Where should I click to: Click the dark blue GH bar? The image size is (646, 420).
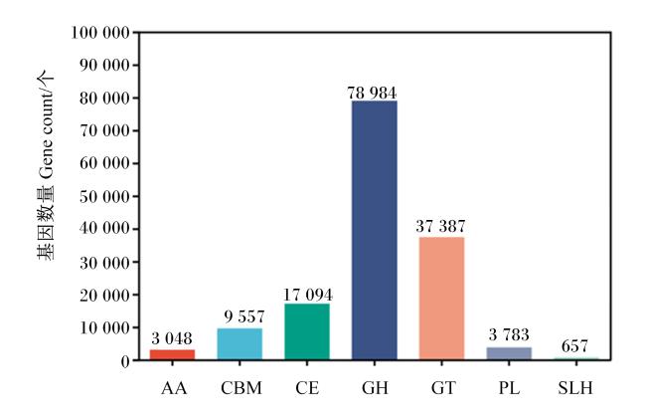click(374, 230)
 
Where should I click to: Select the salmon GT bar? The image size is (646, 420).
click(441, 299)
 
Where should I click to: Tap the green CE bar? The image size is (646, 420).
click(307, 331)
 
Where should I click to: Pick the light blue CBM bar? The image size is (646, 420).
click(240, 344)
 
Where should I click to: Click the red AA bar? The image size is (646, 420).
click(172, 355)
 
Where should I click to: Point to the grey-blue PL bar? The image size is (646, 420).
click(509, 353)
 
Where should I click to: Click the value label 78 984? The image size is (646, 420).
click(372, 93)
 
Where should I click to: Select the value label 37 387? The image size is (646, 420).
click(440, 226)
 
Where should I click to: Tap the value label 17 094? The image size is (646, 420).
click(307, 295)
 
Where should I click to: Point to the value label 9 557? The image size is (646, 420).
click(244, 316)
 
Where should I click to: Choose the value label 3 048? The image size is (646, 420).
click(172, 338)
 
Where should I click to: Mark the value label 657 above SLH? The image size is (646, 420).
click(574, 346)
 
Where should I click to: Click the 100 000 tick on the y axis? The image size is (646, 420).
click(100, 33)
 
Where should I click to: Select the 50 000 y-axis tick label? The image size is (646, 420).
click(104, 196)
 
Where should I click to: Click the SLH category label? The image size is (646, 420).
click(575, 388)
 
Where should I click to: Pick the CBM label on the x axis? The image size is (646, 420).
click(242, 388)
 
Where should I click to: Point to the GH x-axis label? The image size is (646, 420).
click(375, 388)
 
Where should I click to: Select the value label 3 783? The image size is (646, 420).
click(509, 334)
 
